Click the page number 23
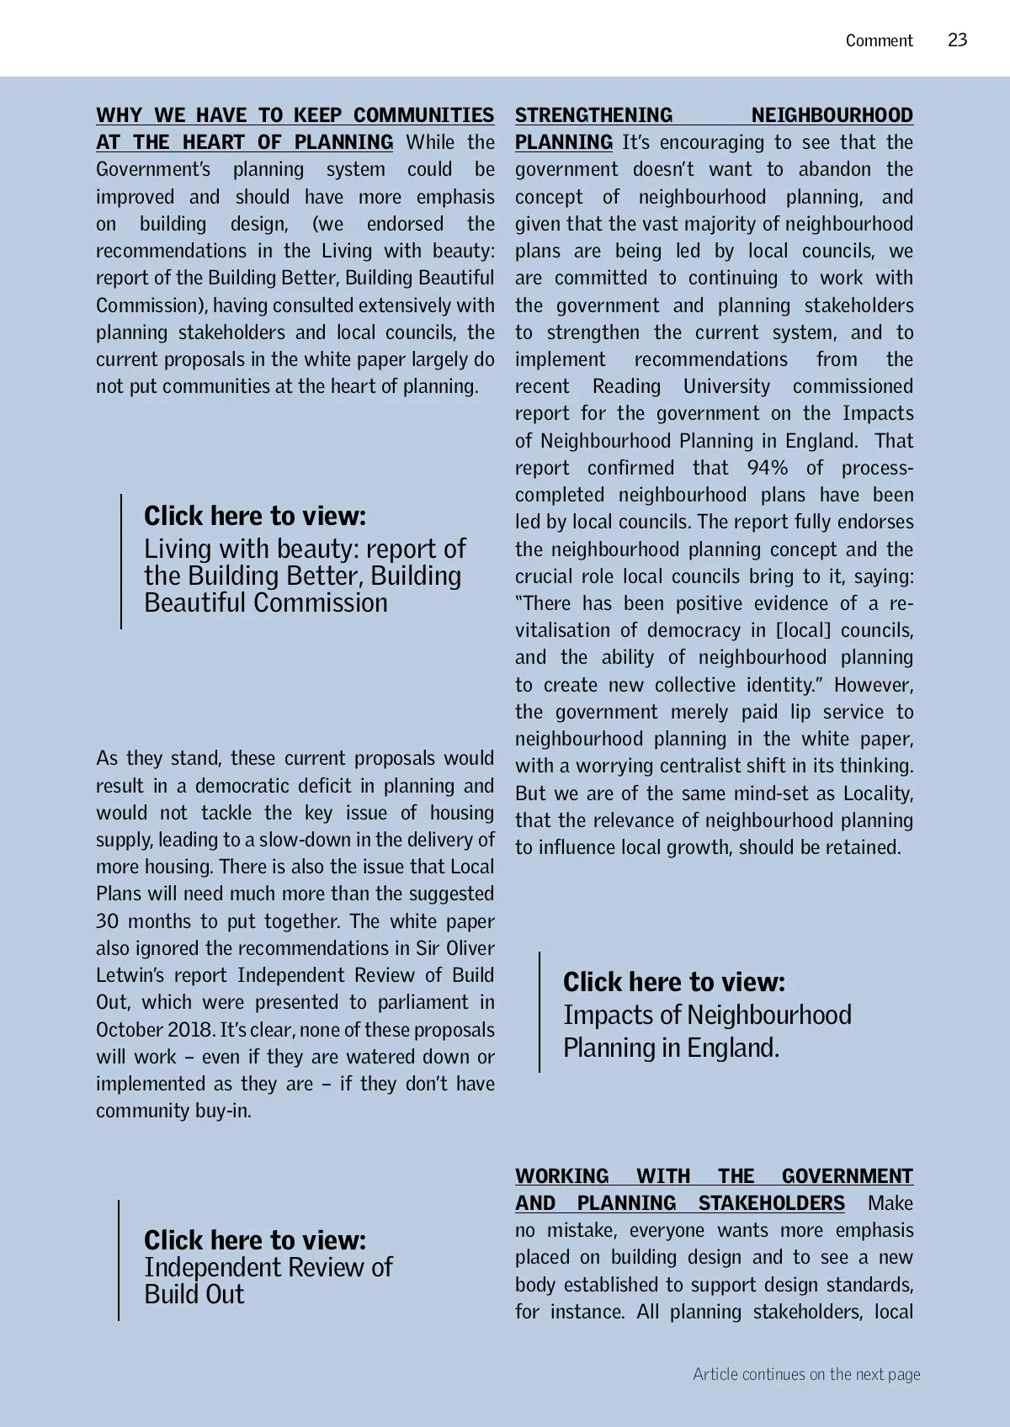coord(957,40)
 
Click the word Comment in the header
coord(879,40)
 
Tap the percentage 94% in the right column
coord(768,468)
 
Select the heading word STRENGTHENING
coord(593,115)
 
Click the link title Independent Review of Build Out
coord(268,1281)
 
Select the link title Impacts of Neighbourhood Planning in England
coord(707,1032)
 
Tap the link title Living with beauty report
coord(304,576)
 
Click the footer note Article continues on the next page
coord(806,1374)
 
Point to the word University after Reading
coord(726,386)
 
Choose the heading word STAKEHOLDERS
coord(771,1203)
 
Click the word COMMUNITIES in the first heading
coord(423,115)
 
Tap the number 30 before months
coord(107,921)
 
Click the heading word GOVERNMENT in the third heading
coord(847,1176)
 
